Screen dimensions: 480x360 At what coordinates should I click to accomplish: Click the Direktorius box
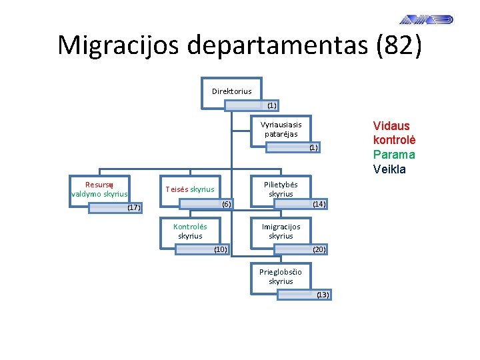231,91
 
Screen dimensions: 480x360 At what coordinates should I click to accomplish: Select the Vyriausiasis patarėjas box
281,129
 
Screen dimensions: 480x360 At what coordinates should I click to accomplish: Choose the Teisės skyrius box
190,189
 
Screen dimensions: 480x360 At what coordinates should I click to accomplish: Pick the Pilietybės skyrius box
281,189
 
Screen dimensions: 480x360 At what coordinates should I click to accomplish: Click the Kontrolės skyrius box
190,231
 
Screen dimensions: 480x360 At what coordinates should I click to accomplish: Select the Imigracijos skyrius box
281,231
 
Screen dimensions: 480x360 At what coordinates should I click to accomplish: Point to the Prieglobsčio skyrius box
281,276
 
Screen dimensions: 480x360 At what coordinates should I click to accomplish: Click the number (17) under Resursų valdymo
133,207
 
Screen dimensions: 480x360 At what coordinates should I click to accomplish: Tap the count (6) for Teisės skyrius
227,203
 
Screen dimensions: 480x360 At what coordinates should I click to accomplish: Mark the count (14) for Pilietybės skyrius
319,204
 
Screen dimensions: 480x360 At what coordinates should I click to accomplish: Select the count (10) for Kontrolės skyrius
221,249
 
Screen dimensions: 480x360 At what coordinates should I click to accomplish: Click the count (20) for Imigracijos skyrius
319,249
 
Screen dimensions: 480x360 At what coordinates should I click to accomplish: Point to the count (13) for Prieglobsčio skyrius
323,294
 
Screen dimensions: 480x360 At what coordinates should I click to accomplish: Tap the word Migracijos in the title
118,45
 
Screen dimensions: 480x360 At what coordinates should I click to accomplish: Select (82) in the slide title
399,45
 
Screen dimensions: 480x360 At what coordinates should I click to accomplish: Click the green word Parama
394,155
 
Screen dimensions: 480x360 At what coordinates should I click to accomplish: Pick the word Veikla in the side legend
389,169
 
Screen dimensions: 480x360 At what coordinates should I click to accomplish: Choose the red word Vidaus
391,126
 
